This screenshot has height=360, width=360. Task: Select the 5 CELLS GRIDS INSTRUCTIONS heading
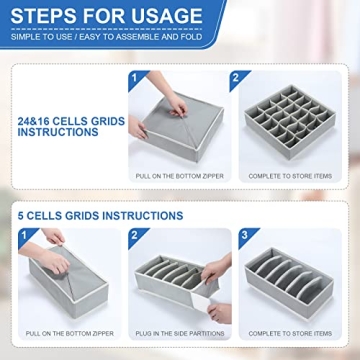point(100,215)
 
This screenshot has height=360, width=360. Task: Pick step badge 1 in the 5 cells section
point(27,237)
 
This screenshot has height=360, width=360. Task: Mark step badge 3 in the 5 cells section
point(244,237)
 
